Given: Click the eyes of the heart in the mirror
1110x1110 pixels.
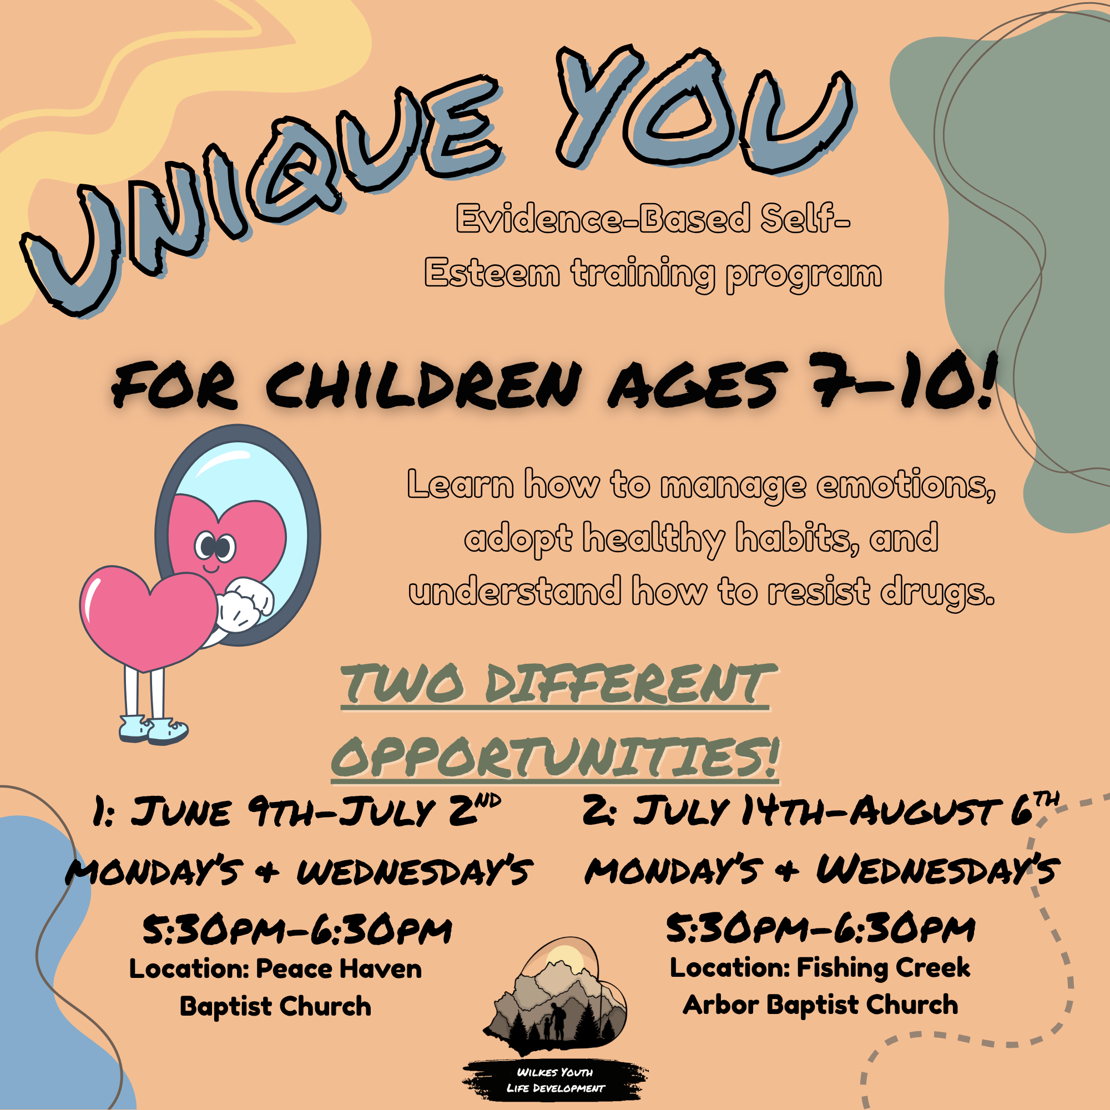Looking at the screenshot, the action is [x=215, y=546].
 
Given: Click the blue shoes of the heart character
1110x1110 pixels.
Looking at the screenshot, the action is [x=153, y=730].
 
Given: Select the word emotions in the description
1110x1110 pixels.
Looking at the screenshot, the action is [x=906, y=485].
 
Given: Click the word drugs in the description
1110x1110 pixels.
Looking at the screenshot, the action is [x=937, y=592].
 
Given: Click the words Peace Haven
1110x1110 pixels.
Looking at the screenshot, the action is [x=339, y=968].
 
